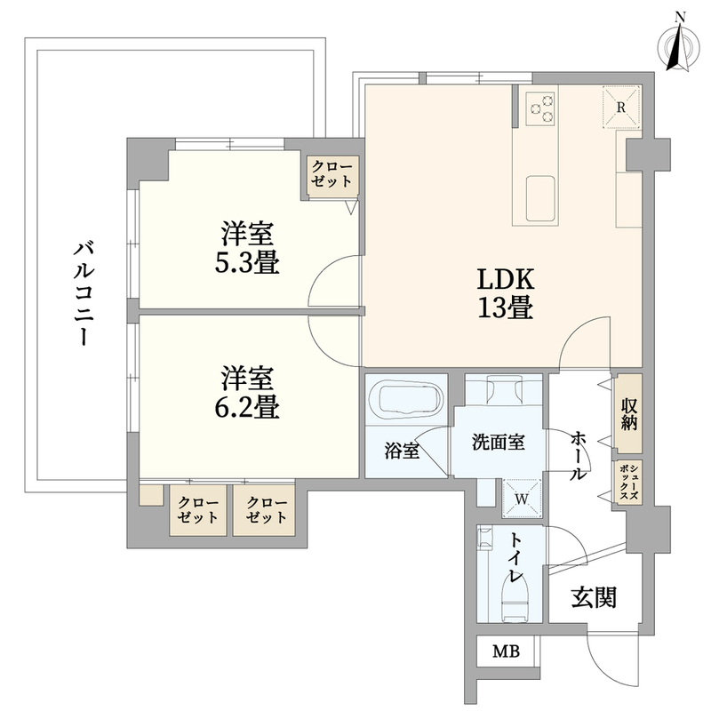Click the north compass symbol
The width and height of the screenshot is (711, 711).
(x=679, y=45)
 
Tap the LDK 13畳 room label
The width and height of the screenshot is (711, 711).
(x=505, y=293)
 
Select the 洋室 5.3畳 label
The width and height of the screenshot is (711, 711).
(x=247, y=248)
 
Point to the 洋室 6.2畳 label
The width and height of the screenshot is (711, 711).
(x=247, y=392)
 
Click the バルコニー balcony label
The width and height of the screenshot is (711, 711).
(x=84, y=294)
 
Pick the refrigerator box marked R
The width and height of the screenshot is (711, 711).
(x=620, y=108)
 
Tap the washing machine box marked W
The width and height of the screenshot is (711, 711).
(x=522, y=499)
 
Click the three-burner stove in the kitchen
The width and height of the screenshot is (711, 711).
(x=541, y=108)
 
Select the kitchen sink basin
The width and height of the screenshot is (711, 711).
(x=540, y=197)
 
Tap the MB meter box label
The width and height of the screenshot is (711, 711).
(x=507, y=651)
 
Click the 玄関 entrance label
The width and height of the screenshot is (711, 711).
(x=594, y=597)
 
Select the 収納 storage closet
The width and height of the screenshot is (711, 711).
(x=628, y=413)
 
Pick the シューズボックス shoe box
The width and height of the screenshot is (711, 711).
(x=629, y=482)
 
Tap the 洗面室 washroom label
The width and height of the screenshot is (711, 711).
(x=499, y=443)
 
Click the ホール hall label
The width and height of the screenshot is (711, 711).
(x=579, y=456)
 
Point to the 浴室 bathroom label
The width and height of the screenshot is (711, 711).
(x=402, y=451)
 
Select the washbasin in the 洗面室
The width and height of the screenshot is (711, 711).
(x=503, y=389)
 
